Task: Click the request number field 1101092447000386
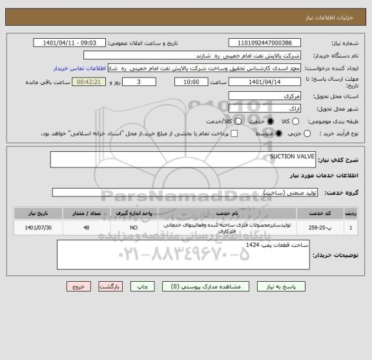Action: [x=265, y=43]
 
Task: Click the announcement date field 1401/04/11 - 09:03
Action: [x=74, y=43]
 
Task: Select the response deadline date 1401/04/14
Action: [x=265, y=82]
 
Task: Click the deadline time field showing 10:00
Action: [x=191, y=82]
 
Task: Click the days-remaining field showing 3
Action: [x=139, y=82]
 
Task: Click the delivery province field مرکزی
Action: [x=265, y=95]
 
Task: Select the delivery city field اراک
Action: [x=265, y=108]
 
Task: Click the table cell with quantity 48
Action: [x=87, y=228]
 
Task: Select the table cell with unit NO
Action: [x=134, y=228]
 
